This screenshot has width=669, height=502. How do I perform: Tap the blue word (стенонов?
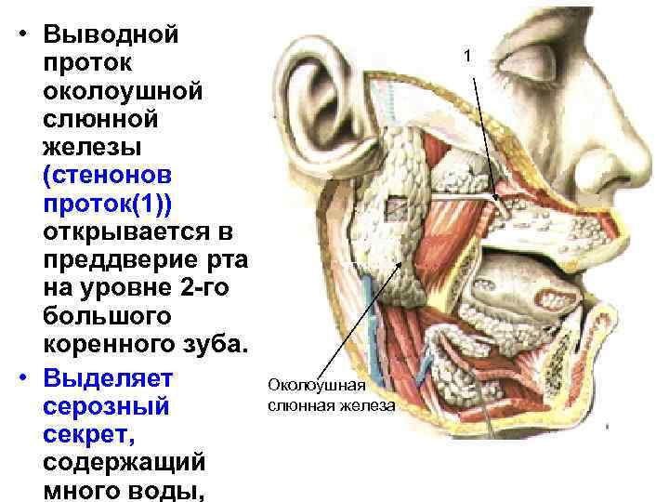111,174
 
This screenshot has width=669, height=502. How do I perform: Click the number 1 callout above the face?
468,59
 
